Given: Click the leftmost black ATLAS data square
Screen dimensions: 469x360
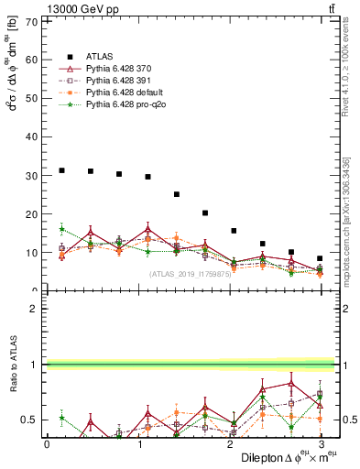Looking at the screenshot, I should coord(61,169).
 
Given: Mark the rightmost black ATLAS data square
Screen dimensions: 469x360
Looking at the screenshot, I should coord(320,258).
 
